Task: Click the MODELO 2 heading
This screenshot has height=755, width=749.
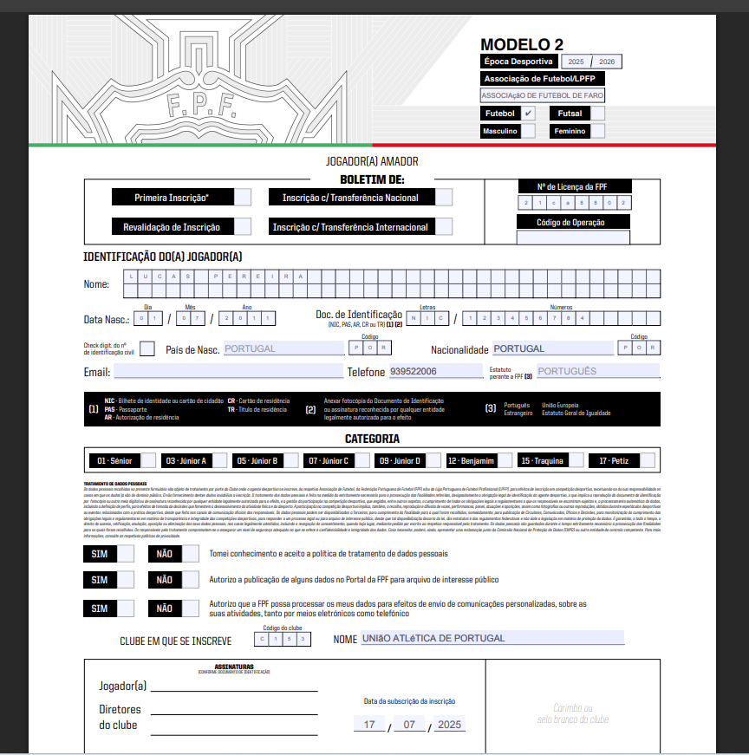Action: click(522, 45)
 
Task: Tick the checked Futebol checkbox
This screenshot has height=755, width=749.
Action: click(528, 114)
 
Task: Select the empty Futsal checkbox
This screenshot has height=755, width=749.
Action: click(597, 114)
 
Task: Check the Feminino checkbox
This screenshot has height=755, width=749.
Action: click(597, 131)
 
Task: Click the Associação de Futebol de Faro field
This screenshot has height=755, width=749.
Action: click(543, 95)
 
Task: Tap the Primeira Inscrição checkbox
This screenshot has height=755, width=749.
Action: click(243, 198)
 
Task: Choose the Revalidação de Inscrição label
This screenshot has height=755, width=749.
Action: click(172, 227)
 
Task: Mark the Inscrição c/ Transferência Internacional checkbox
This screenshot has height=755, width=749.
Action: click(444, 227)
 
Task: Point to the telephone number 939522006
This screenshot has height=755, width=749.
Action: click(414, 371)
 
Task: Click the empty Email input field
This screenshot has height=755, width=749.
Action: click(228, 372)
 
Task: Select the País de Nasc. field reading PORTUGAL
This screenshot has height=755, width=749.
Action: click(281, 348)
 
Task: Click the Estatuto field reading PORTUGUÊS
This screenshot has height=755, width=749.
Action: click(597, 371)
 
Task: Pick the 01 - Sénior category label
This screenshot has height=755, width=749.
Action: click(114, 460)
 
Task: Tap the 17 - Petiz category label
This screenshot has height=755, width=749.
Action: click(613, 460)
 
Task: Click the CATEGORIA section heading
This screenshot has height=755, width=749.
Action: click(372, 439)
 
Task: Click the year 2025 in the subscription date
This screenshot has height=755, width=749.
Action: click(450, 724)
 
